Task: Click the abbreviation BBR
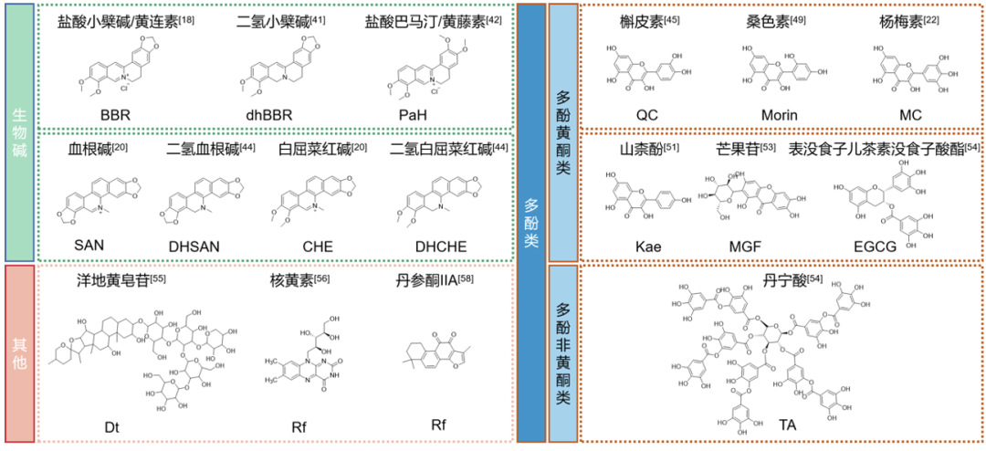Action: click(123, 116)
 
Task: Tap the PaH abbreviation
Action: click(413, 116)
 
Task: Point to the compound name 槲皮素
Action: click(644, 19)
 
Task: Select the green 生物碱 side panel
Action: click(20, 131)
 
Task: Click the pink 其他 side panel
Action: click(20, 353)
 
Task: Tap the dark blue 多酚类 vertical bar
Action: click(531, 223)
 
